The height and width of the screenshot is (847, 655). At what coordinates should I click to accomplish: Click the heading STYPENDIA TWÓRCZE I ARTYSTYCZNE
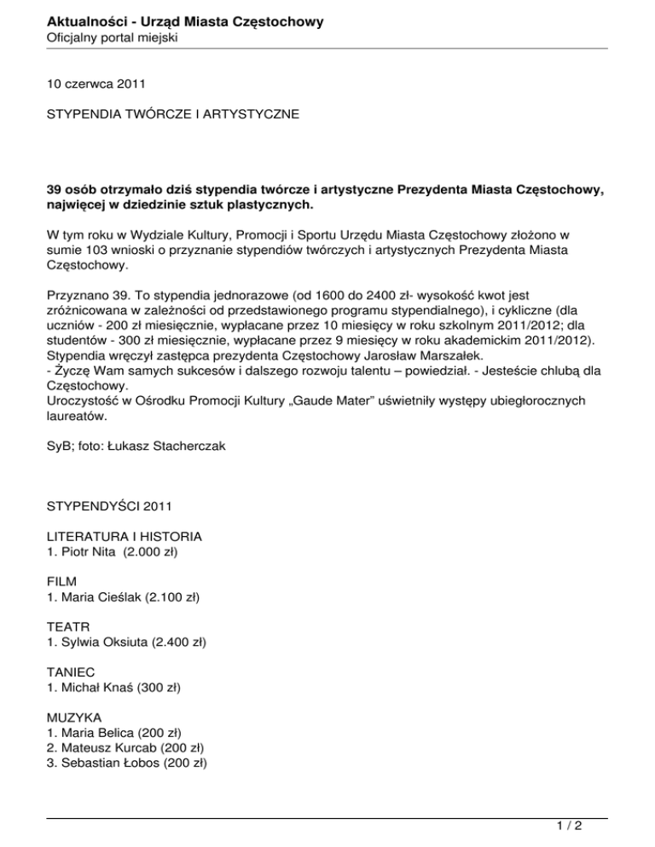(173, 112)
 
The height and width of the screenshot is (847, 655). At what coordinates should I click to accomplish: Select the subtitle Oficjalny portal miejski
(111, 37)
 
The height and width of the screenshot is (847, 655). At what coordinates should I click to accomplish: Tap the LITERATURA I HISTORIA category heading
(125, 538)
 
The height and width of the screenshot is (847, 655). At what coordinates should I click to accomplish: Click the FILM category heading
(61, 583)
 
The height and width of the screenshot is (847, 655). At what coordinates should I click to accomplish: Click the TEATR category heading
(67, 627)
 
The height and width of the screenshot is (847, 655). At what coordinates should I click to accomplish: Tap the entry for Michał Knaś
(118, 687)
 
